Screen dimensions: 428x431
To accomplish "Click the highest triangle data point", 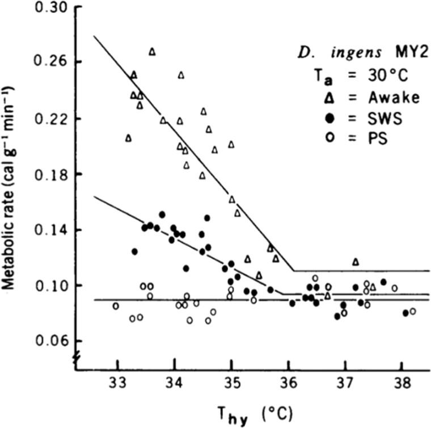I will (x=152, y=52).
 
